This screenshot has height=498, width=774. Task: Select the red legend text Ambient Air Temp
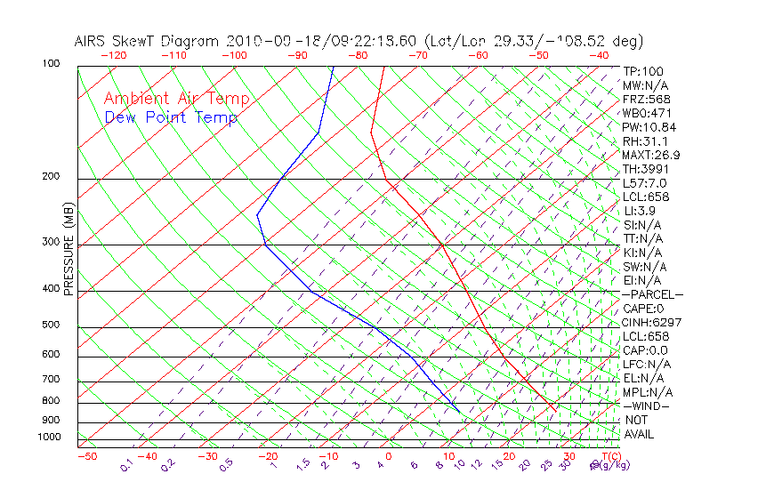click(176, 100)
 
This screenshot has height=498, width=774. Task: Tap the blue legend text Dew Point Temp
click(170, 117)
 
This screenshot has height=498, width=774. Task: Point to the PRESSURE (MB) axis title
click(69, 249)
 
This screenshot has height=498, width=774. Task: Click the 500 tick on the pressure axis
click(52, 325)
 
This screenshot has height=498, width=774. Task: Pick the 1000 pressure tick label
click(50, 437)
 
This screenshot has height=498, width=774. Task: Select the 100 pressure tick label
click(52, 64)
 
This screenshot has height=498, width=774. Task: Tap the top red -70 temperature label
click(418, 55)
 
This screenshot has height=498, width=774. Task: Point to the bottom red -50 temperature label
click(86, 456)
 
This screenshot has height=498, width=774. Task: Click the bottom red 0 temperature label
click(389, 456)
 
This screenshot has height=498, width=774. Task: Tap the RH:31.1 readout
click(645, 141)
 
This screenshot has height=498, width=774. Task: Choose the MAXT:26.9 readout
click(652, 155)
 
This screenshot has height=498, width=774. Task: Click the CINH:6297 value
click(652, 322)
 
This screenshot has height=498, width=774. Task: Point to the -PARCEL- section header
click(652, 294)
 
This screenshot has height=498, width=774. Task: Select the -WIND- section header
click(647, 406)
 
